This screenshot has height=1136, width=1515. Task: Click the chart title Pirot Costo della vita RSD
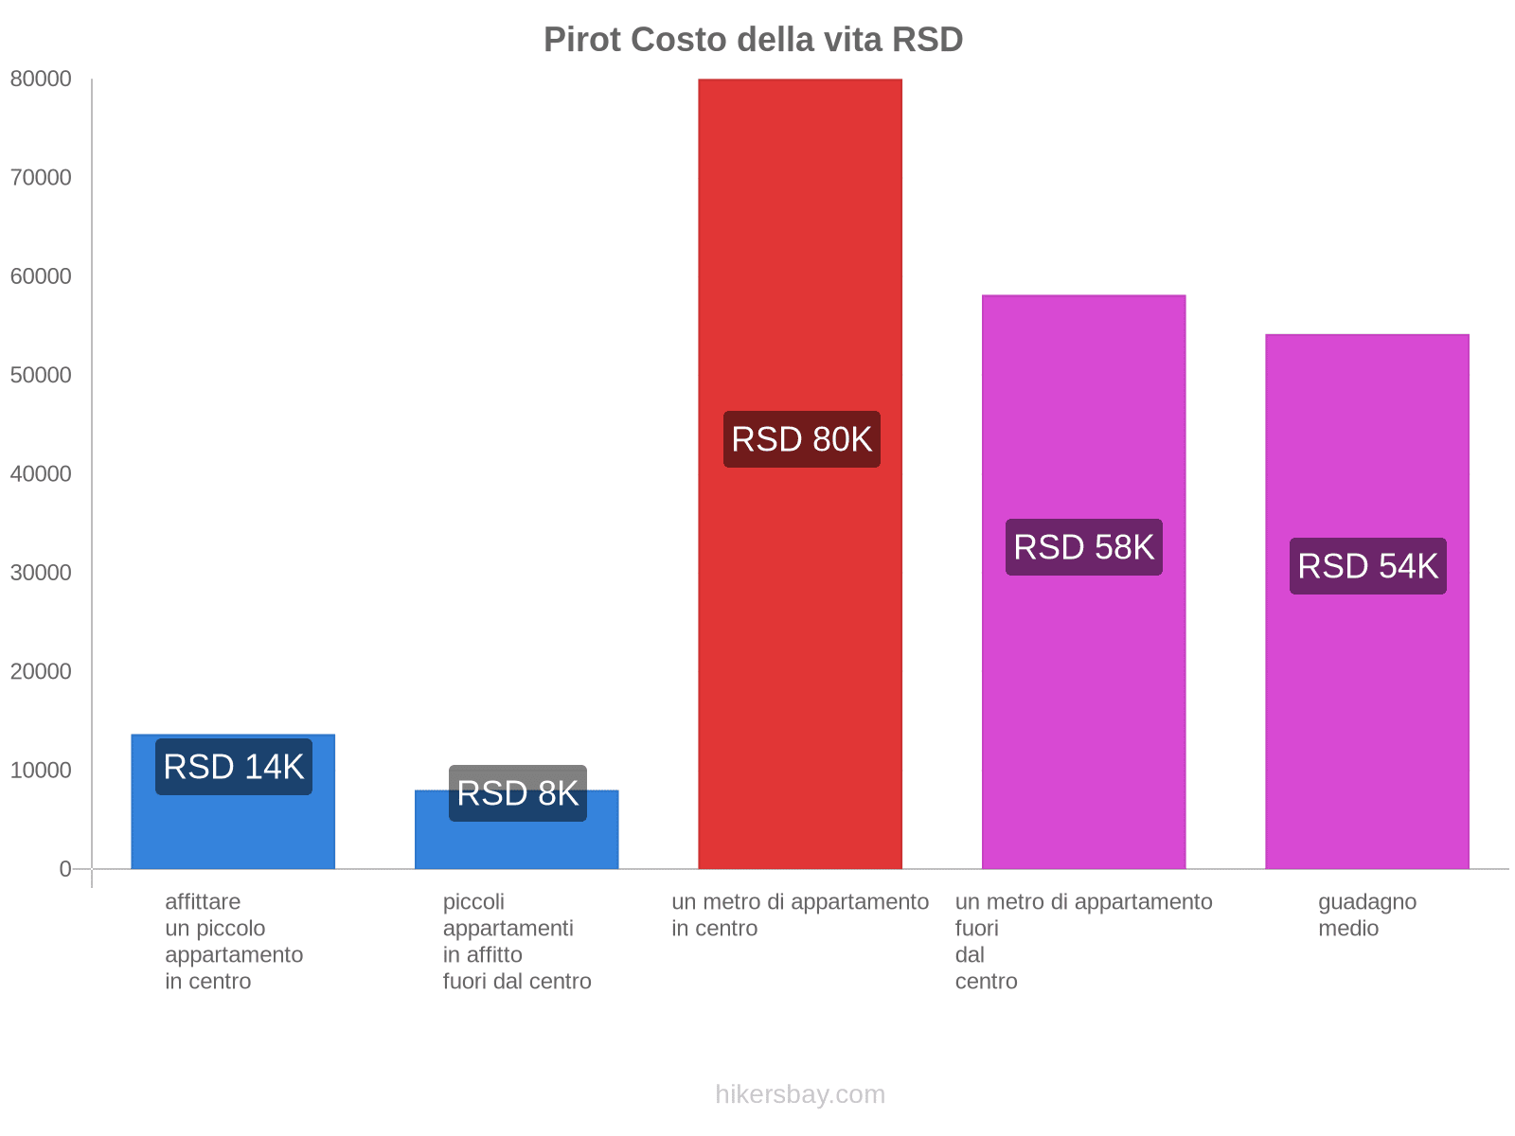pos(753,40)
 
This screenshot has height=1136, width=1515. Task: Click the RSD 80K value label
pos(801,439)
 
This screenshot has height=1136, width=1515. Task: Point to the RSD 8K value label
pos(517,793)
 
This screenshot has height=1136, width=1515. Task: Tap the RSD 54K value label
pos(1367,566)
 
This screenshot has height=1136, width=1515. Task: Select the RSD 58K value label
pos(1083,547)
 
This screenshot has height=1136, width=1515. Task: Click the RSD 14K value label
pos(233,767)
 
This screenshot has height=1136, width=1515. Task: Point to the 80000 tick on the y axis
pos(41,79)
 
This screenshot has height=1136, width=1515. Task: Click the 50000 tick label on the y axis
pos(41,375)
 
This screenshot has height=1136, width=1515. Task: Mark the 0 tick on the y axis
pos(65,869)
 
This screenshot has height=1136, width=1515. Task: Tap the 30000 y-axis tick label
pos(41,573)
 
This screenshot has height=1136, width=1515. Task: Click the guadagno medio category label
pos(1366,914)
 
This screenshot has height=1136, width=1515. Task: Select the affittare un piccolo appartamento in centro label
pos(233,941)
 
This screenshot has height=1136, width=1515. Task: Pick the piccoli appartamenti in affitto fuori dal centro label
pos(516,941)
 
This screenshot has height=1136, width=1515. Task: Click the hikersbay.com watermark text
pos(800,1094)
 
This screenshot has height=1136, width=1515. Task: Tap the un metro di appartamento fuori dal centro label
pos(1083,941)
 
